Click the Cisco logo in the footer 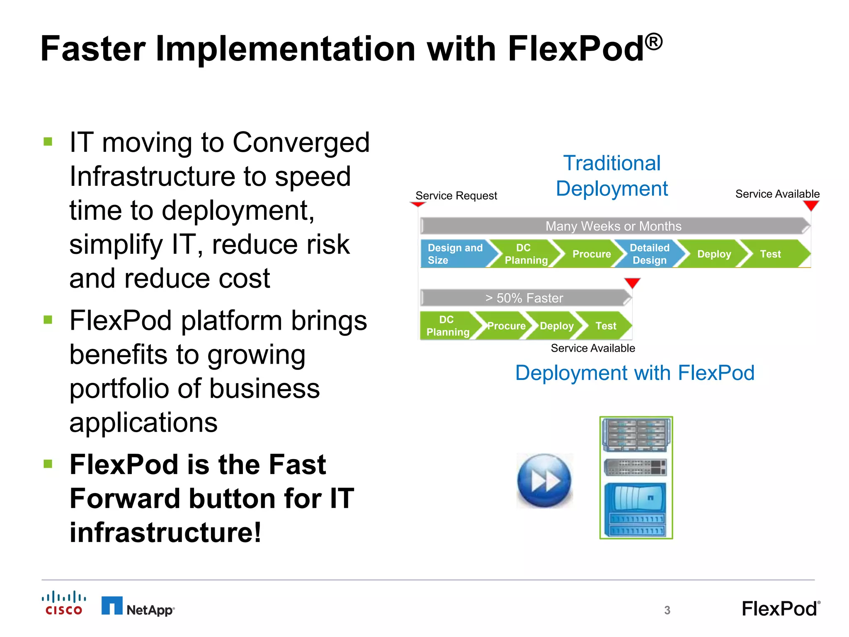64,603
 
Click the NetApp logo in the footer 138,607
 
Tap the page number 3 667,610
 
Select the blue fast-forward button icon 544,481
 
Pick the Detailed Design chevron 649,254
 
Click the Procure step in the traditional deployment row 591,254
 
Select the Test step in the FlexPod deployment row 606,326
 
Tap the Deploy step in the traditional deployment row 713,254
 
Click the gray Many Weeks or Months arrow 614,226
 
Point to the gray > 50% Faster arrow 524,298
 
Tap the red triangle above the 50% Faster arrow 632,283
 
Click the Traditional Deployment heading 612,176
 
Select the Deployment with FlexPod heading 635,373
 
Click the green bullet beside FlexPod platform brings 48,320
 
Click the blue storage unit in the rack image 636,509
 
